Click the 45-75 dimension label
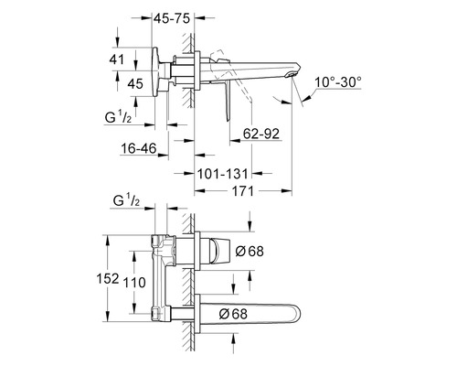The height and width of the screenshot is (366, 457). point(172,18)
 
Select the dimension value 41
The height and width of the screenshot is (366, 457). point(117,59)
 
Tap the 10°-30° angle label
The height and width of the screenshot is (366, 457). point(338,82)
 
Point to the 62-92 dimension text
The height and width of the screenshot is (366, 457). point(261,134)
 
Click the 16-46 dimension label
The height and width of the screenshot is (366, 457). point(139,148)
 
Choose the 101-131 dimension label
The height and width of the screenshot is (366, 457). point(223,174)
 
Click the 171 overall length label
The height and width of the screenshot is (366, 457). point(243,191)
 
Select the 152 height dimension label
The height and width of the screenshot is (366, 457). point(108,278)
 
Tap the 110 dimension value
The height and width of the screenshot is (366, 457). point(134,283)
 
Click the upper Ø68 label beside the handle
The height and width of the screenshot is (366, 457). point(250,252)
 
